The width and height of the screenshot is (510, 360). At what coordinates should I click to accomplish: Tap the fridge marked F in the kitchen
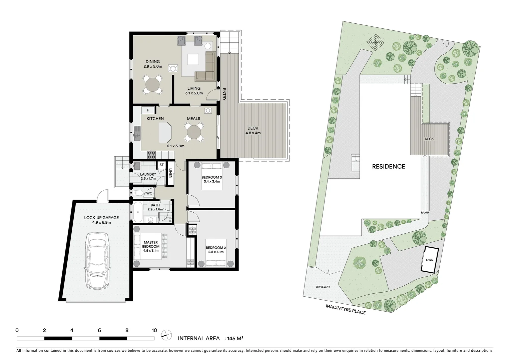pyautogui.click(x=148, y=110)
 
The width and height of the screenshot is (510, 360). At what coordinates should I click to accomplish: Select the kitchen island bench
pyautogui.click(x=164, y=132)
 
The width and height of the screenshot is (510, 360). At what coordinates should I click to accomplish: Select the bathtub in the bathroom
pyautogui.click(x=137, y=212)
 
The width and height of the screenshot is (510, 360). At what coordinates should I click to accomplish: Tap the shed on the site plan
pyautogui.click(x=429, y=260)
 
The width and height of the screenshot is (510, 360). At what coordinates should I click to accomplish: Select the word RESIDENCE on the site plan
pyautogui.click(x=389, y=166)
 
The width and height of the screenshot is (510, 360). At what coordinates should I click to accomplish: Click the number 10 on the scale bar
pyautogui.click(x=154, y=331)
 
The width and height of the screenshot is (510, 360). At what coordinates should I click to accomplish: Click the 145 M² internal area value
pyautogui.click(x=235, y=338)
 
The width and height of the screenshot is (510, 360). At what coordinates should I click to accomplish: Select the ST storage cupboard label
pyautogui.click(x=161, y=165)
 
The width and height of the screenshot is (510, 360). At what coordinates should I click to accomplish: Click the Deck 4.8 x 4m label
pyautogui.click(x=253, y=130)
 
